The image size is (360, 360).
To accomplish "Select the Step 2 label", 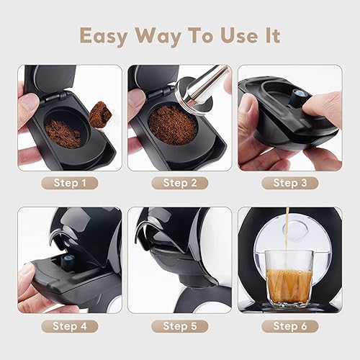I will (x=179, y=183).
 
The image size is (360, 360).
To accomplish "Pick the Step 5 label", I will (x=179, y=325).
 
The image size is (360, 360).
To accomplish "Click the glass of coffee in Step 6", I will (x=289, y=277).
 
